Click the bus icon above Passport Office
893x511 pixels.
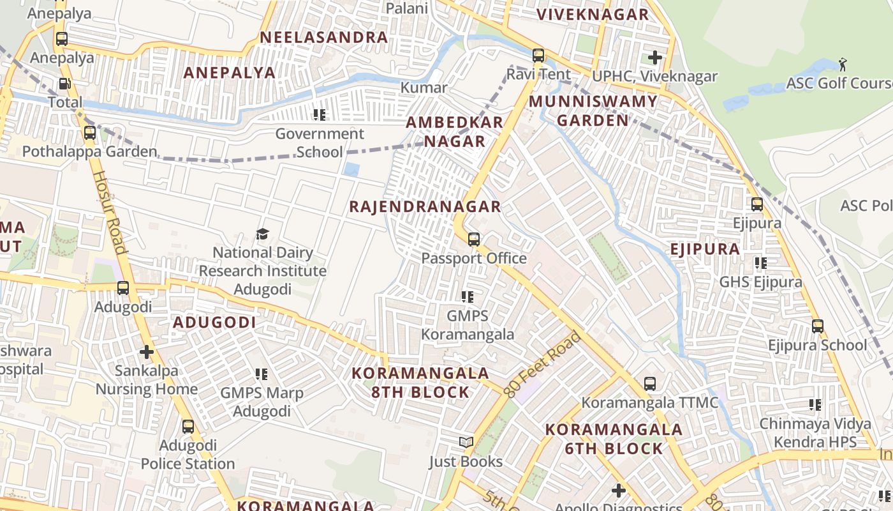point(473,240)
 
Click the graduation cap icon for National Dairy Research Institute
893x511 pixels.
point(262,234)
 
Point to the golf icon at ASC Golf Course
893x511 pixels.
point(843,64)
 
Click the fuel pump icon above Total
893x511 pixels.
point(64,84)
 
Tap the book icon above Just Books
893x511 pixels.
point(466,442)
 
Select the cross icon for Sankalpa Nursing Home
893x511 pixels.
point(147,352)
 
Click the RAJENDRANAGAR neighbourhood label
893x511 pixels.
point(425,206)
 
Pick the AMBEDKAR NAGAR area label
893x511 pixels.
point(455,132)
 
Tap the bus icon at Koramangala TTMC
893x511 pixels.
point(649,384)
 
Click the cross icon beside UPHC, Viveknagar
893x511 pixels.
point(654,57)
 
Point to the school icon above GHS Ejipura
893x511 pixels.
point(760,263)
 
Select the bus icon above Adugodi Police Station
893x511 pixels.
point(188,426)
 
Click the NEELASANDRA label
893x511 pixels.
point(323,37)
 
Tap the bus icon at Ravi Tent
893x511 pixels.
point(538,56)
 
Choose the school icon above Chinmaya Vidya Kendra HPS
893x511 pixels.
point(815,404)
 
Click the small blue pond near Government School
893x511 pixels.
point(351,170)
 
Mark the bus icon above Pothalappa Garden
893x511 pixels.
point(89,133)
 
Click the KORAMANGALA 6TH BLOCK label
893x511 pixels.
point(614,439)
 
